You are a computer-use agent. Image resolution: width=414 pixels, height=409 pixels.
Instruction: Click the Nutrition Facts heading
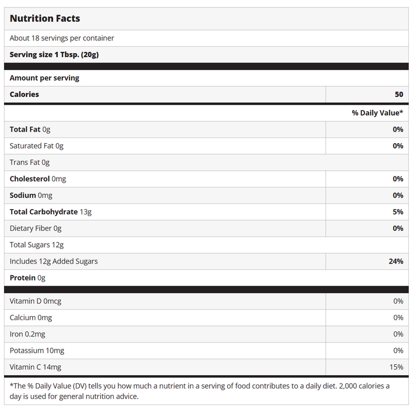click(x=45, y=19)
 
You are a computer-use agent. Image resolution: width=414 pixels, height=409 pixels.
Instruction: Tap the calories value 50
click(x=398, y=94)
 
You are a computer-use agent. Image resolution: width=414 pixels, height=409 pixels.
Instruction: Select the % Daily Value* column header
click(x=377, y=113)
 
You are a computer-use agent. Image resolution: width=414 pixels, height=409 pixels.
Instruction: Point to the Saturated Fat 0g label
click(x=36, y=145)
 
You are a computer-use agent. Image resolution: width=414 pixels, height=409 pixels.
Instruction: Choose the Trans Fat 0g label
click(x=30, y=162)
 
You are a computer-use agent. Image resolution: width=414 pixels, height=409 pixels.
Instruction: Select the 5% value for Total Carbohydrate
click(x=398, y=212)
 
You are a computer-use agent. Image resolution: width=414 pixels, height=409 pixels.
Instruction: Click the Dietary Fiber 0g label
click(x=36, y=228)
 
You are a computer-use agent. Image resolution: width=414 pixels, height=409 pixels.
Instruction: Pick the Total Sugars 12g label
click(x=37, y=245)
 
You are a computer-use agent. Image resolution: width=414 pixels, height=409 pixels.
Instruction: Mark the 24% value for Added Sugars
click(x=396, y=261)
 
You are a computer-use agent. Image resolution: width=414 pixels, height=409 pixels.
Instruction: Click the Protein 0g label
click(x=27, y=278)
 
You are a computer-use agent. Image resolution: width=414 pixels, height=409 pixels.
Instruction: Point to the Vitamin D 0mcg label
click(x=36, y=301)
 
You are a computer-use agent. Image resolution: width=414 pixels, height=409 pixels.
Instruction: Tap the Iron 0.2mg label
click(x=27, y=334)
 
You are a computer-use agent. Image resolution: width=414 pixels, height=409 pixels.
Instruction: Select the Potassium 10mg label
click(x=37, y=351)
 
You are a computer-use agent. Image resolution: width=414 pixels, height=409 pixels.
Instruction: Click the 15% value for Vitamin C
click(x=396, y=367)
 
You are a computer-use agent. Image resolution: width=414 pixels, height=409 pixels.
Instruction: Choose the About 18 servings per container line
click(x=62, y=38)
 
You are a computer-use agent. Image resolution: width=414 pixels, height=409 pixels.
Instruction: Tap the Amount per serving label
click(x=44, y=78)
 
